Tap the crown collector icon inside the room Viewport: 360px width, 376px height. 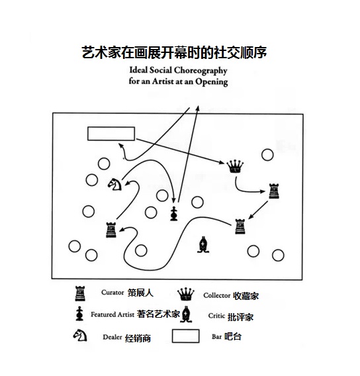coord(235,166)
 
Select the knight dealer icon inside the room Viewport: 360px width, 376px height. coord(114,185)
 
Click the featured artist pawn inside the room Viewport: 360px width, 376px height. coord(174,213)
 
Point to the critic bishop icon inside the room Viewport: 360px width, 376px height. coord(203,244)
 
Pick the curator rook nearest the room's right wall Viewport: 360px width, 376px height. coord(274,191)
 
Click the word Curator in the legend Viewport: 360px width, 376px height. coord(112,293)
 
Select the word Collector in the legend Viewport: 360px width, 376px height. coord(217,295)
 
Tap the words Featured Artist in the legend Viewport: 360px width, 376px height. coord(112,314)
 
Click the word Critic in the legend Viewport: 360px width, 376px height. coord(216,316)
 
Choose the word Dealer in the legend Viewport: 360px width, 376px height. coord(112,337)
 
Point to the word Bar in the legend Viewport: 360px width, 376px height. coord(216,337)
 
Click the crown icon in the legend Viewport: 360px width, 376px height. coord(186,294)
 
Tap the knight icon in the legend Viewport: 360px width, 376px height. coord(80,335)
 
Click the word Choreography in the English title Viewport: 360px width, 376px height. coord(201,70)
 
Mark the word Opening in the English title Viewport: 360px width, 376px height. coord(211,82)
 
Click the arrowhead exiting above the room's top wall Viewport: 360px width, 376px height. coord(198,108)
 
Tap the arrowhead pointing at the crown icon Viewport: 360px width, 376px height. coord(222,162)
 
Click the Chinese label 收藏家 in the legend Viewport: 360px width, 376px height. coord(246,296)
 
